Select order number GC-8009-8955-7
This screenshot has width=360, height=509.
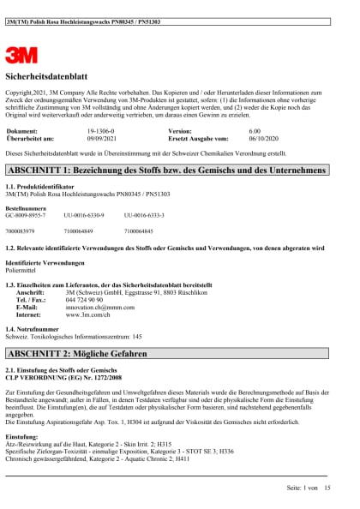coord(32,214)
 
